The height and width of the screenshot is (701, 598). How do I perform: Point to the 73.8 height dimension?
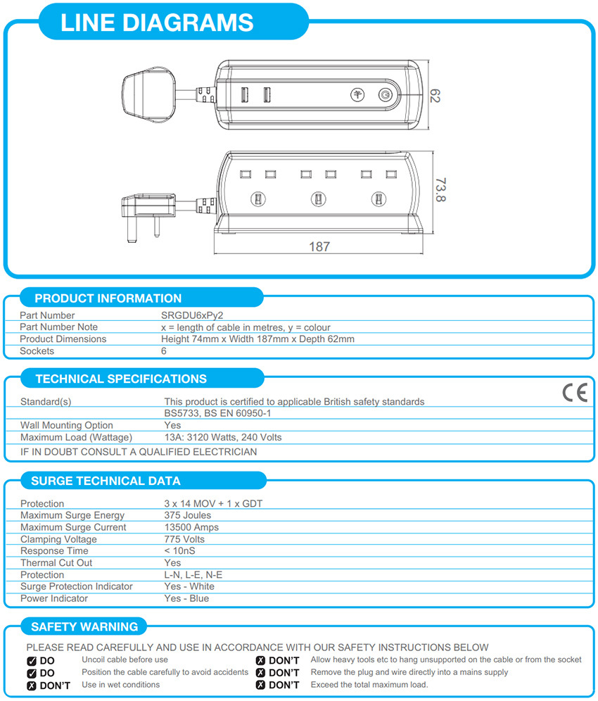[440, 190]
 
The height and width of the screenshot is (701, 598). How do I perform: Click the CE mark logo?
[574, 393]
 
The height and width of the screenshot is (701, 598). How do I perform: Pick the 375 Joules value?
[187, 515]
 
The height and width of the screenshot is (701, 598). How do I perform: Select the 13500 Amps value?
[191, 527]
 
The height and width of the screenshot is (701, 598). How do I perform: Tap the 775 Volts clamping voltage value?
[184, 539]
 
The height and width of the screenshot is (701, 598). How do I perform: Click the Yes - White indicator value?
[189, 586]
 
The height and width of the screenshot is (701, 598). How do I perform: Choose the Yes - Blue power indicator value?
[186, 598]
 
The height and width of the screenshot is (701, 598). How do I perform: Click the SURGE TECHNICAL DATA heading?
[106, 481]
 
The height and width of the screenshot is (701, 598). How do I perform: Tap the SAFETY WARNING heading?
[85, 626]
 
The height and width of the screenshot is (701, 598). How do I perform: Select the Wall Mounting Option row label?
[67, 425]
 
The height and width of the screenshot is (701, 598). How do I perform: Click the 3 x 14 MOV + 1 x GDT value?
[213, 503]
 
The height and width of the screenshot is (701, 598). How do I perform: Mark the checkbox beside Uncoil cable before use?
[32, 661]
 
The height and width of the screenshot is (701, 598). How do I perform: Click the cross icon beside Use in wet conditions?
[32, 686]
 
